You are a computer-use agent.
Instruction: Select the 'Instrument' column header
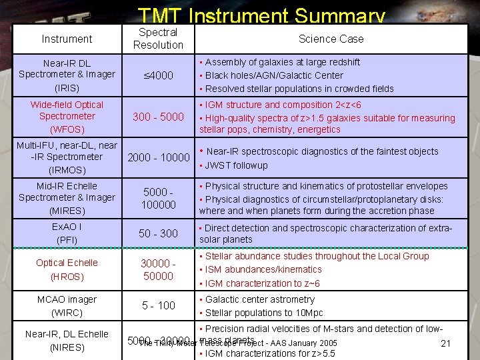pyautogui.click(x=67, y=39)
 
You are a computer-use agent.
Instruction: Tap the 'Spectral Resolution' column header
pyautogui.click(x=158, y=39)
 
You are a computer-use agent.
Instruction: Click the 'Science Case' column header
pyautogui.click(x=331, y=39)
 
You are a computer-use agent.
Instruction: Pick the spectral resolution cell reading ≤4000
pyautogui.click(x=158, y=75)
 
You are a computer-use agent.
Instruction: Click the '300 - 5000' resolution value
pyautogui.click(x=158, y=117)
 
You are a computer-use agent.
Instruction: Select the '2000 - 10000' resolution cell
pyautogui.click(x=158, y=157)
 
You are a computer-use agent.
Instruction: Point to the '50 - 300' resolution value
pyautogui.click(x=158, y=233)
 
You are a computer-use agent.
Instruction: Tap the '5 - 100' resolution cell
pyautogui.click(x=158, y=305)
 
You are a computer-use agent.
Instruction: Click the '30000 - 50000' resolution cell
pyautogui.click(x=158, y=269)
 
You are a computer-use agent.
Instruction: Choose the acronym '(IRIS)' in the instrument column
pyautogui.click(x=67, y=88)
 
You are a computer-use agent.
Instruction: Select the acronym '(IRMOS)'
pyautogui.click(x=67, y=170)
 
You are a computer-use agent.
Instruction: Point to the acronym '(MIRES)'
pyautogui.click(x=67, y=210)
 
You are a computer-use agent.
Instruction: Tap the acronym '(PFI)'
pyautogui.click(x=67, y=239)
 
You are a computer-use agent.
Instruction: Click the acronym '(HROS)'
pyautogui.click(x=67, y=277)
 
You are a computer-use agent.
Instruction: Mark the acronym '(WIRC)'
pyautogui.click(x=67, y=312)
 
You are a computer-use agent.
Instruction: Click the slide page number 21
pyautogui.click(x=447, y=343)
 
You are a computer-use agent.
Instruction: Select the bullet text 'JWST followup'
pyautogui.click(x=236, y=165)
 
